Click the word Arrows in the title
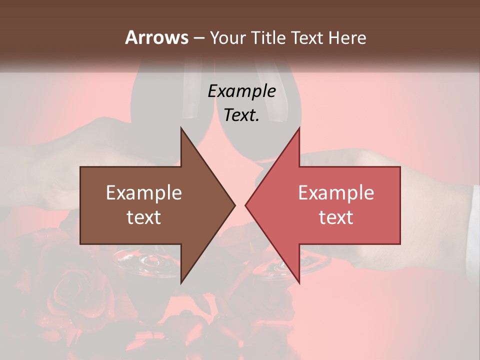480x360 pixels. click(156, 37)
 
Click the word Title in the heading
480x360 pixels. click(270, 37)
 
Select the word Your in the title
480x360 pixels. click(227, 37)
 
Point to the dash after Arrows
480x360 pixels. click(198, 38)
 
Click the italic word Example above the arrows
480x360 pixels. click(241, 91)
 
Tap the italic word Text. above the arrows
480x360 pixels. click(241, 115)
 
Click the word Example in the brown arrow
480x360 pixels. click(144, 192)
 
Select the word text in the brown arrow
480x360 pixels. click(144, 217)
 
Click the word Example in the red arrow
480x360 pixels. click(336, 192)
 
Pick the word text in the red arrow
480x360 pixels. click(336, 217)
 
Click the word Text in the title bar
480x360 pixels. click(308, 37)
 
